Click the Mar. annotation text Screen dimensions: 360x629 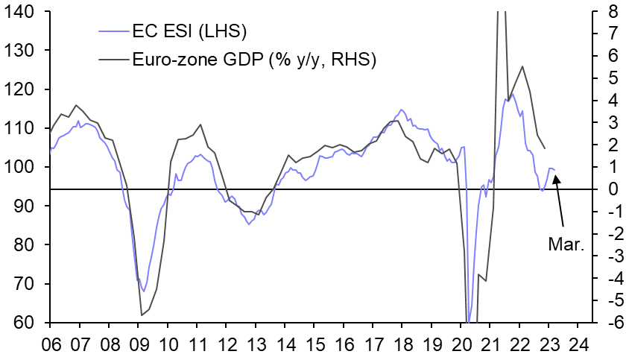click(x=566, y=244)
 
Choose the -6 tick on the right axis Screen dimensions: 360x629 click(x=609, y=323)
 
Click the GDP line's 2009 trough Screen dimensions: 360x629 click(x=142, y=315)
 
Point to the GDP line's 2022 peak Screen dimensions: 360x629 click(x=522, y=66)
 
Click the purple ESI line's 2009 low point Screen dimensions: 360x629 click(x=144, y=291)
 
